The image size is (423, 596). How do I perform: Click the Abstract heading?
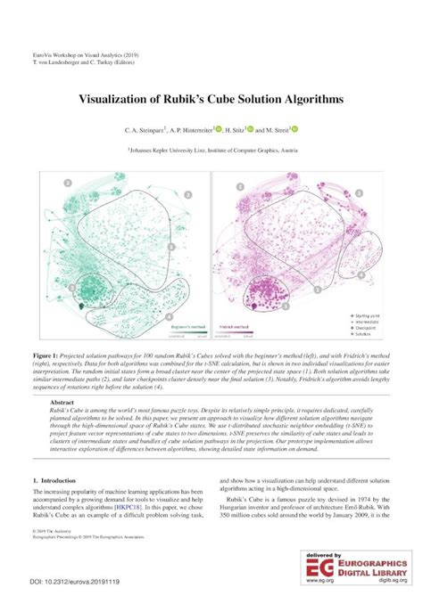coord(62,402)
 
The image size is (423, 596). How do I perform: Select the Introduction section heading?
coord(62,480)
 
